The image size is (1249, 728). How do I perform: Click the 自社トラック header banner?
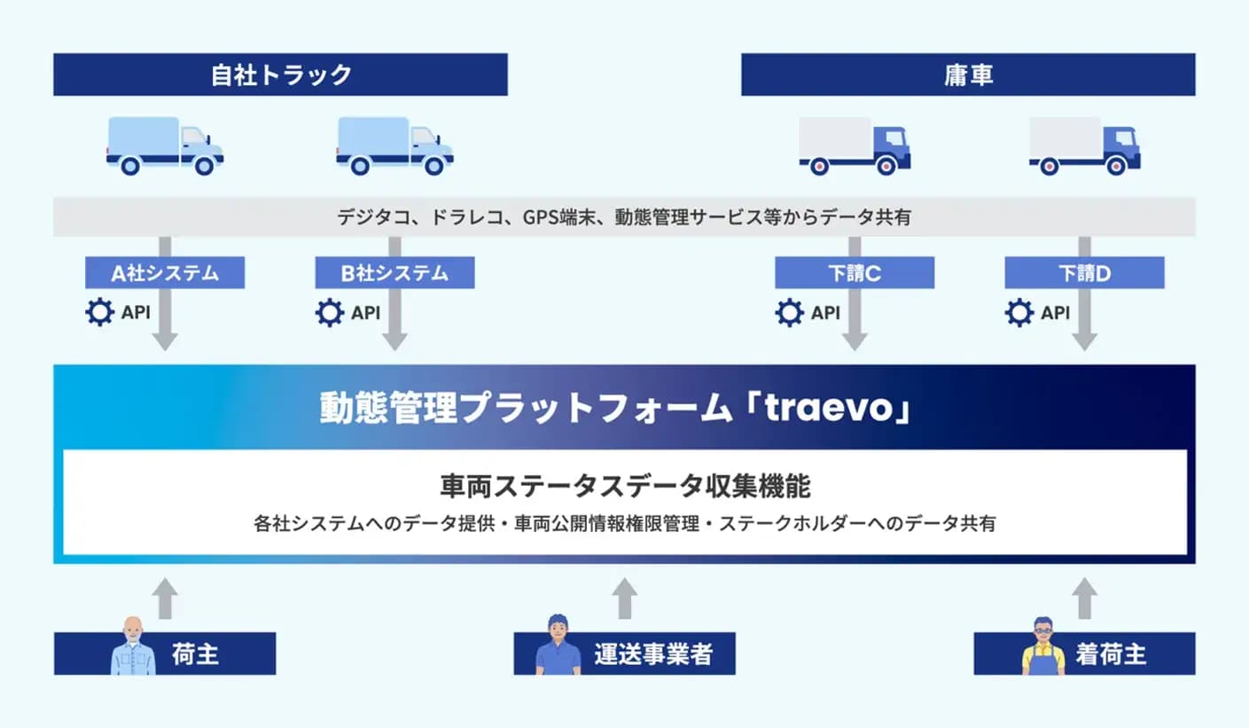(x=280, y=74)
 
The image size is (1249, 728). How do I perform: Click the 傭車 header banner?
(x=968, y=74)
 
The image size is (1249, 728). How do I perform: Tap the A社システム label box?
(x=165, y=273)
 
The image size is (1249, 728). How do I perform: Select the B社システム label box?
(x=394, y=273)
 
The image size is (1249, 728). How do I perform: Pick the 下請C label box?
(x=855, y=273)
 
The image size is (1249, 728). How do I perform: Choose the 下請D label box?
(x=1084, y=273)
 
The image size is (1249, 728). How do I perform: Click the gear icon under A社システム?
(x=100, y=312)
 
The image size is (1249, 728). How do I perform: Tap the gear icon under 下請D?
(x=1019, y=312)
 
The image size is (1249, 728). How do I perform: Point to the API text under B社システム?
(x=366, y=313)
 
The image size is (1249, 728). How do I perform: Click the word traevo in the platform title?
(x=829, y=408)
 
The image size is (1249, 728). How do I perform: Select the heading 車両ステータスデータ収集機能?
(x=625, y=486)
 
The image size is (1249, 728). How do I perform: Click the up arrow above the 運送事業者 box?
(x=624, y=598)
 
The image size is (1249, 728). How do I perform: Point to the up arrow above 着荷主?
(x=1084, y=598)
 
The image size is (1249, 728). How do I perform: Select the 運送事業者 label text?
(x=653, y=654)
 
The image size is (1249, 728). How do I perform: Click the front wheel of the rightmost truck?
(x=1116, y=166)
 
